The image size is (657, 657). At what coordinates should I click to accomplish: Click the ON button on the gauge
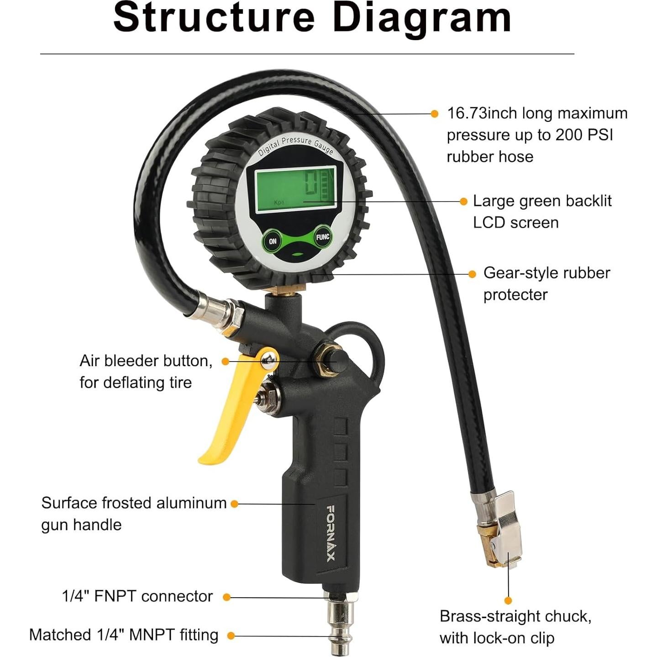click(x=273, y=241)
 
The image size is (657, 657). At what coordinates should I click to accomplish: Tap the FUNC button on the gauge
click(x=322, y=237)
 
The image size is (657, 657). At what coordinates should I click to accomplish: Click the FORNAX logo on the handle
click(x=331, y=533)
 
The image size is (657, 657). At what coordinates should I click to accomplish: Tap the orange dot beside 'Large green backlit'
click(x=463, y=201)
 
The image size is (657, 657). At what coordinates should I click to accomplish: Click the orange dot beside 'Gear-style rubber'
click(x=473, y=274)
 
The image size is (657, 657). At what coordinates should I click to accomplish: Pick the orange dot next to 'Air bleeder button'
click(x=225, y=361)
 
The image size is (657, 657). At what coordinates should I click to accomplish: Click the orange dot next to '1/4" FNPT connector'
click(x=226, y=597)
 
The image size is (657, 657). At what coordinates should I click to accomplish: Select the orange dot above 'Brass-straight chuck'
click(x=508, y=600)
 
